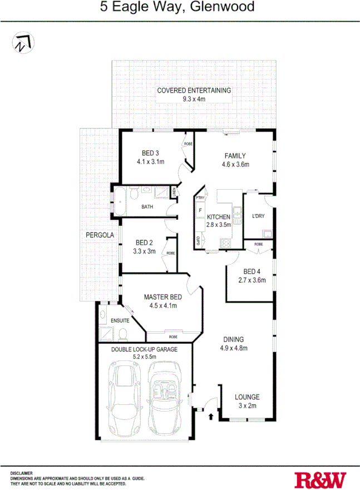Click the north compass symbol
pos(22,42)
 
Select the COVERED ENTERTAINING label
pos(194,90)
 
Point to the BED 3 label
pos(150,153)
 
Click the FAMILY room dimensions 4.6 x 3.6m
pos(235,164)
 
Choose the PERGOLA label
pos(100,235)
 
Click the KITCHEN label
pos(218,217)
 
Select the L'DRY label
pos(258,216)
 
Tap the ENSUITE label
pos(120,321)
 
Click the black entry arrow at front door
pos(211,415)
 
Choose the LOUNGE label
pos(246,397)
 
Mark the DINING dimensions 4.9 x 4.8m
pos(234,348)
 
